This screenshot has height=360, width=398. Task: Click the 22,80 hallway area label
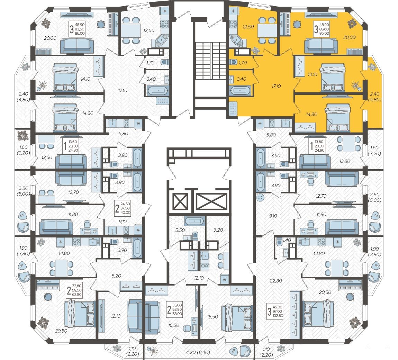point(276,281)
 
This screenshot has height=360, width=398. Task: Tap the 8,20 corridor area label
point(116,276)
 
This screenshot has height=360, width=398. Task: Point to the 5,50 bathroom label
point(180,230)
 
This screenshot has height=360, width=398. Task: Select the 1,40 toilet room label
point(287,240)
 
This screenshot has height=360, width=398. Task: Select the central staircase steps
point(211,60)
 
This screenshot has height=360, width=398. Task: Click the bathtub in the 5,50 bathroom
point(195,221)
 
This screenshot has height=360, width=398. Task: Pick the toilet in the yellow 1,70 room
point(233,62)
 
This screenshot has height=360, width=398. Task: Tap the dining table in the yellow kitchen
point(267,30)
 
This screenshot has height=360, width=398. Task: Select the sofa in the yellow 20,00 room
point(321,45)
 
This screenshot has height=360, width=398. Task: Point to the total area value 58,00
point(177,314)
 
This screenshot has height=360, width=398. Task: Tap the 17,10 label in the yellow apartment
point(276,86)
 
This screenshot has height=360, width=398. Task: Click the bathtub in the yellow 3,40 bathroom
point(240,90)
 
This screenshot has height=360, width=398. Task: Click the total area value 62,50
point(76,295)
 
